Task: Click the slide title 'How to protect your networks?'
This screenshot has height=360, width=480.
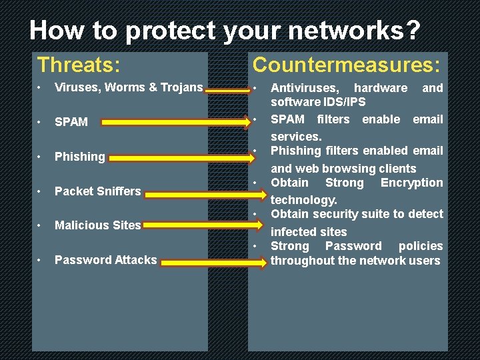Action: click(x=225, y=31)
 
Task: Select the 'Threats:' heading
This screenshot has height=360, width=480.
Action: click(x=79, y=65)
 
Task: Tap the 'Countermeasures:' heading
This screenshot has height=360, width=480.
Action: click(x=346, y=65)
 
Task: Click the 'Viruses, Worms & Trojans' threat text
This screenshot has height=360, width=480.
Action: click(x=129, y=87)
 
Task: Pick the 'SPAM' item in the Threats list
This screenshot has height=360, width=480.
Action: click(x=71, y=122)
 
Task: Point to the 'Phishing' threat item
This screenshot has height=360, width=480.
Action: click(x=79, y=157)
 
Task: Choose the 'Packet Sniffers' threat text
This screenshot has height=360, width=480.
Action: click(x=97, y=191)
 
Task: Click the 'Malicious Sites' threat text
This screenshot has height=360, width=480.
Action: click(x=97, y=225)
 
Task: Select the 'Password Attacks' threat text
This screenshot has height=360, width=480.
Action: click(x=105, y=260)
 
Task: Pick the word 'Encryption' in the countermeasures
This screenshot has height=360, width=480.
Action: click(x=411, y=183)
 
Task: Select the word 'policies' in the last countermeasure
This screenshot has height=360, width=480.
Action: click(x=421, y=246)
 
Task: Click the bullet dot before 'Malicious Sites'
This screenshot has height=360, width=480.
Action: click(x=40, y=225)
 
